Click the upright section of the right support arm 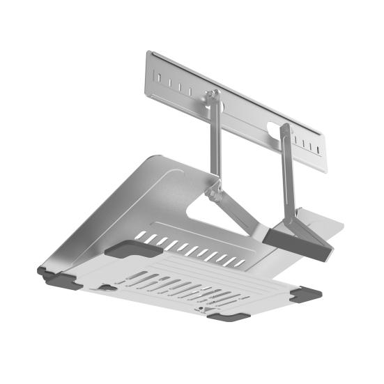coord(288,174)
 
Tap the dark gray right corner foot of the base coord(307,293)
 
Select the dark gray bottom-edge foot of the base coord(226,316)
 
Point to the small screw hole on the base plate coord(201,307)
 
